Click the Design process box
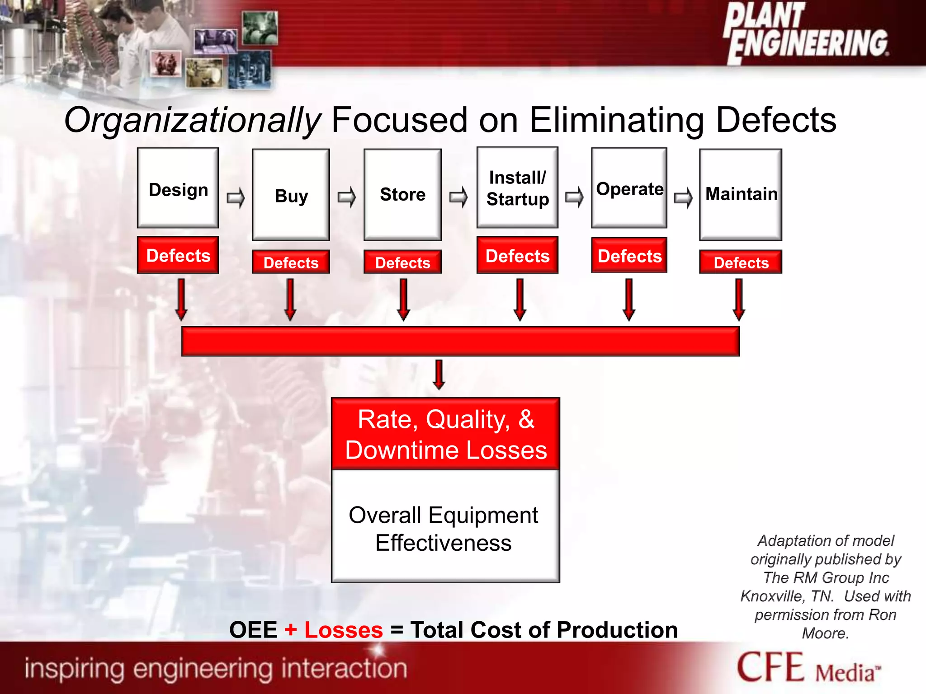point(178,188)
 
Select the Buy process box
point(291,195)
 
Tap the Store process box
point(402,195)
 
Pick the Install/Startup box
point(517,188)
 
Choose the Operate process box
point(629,188)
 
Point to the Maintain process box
point(741,195)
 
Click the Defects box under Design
point(178,255)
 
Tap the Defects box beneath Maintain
point(741,262)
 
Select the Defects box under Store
point(402,262)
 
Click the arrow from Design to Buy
point(236,197)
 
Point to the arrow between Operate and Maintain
point(683,197)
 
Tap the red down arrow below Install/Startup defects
point(520,299)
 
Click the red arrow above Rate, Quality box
point(439,374)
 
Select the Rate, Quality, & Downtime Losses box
point(446,434)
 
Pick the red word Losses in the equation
point(344,630)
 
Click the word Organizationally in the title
point(192,120)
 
